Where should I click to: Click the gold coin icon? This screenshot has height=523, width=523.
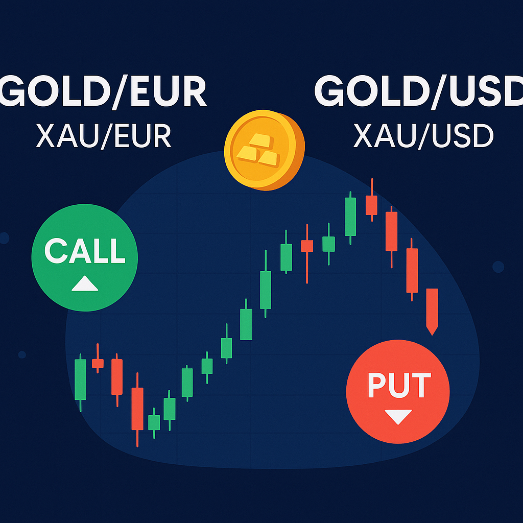tap(264, 151)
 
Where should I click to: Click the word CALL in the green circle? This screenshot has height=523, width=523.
tap(85, 250)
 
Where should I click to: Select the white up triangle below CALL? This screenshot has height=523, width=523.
tap(85, 284)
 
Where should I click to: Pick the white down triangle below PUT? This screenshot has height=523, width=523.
tap(398, 417)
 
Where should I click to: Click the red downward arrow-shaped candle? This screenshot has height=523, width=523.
tap(432, 309)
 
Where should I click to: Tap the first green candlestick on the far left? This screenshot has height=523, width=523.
tap(81, 379)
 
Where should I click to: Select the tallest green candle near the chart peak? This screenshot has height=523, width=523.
tap(350, 216)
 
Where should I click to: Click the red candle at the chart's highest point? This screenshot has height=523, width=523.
tap(372, 205)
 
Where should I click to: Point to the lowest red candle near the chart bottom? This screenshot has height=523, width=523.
tap(137, 408)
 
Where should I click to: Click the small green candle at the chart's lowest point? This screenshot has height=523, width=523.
tap(154, 422)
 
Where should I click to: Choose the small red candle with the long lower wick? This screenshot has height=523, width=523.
tap(306, 246)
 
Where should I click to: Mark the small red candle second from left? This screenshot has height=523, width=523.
tap(98, 363)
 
